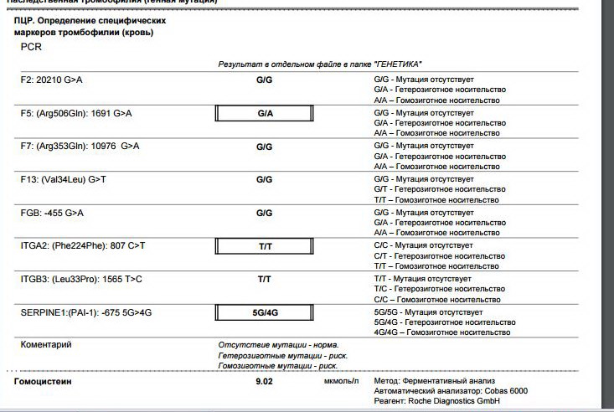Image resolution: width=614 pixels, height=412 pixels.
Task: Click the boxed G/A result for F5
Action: pos(265,113)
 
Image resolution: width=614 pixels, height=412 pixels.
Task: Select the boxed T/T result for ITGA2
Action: pos(265,246)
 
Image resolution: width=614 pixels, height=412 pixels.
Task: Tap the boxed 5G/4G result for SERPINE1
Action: pos(265,312)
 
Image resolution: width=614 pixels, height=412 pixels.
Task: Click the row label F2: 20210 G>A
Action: pos(52,80)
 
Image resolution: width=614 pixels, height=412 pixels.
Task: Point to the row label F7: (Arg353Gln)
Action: pos(80,146)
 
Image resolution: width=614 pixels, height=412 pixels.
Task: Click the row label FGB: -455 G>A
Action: pos(52,213)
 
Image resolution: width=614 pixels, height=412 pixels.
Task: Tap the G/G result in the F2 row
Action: pos(265,80)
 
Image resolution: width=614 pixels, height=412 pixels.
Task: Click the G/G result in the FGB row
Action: pos(265,213)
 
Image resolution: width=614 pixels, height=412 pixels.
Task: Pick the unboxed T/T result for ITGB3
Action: pos(265,279)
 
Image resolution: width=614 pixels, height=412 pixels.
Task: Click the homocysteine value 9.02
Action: pos(265,382)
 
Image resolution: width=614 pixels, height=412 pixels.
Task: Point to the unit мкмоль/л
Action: pos(341,382)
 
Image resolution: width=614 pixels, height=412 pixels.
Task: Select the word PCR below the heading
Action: pos(31,48)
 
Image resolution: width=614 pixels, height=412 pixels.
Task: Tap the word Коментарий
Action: pos(46,344)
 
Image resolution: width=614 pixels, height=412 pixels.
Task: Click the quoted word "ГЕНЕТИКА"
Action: pos(395,64)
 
